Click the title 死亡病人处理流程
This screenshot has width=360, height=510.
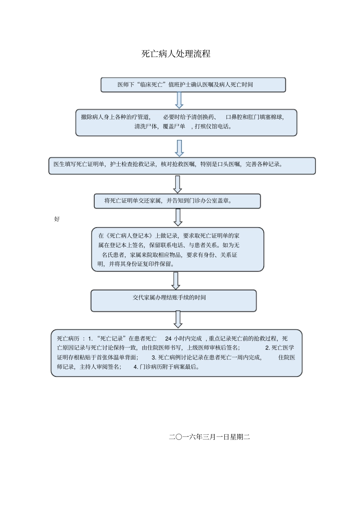pyautogui.click(x=176, y=54)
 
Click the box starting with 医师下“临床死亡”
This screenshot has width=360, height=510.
pyautogui.click(x=193, y=85)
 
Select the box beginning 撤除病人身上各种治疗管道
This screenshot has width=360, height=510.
pyautogui.click(x=186, y=122)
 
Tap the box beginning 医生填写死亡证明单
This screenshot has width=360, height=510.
pyautogui.click(x=182, y=166)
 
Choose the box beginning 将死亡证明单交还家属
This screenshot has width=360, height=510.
pyautogui.click(x=177, y=201)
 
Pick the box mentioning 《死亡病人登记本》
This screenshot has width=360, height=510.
pyautogui.click(x=177, y=250)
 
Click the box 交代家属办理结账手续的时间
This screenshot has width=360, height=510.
pyautogui.click(x=173, y=301)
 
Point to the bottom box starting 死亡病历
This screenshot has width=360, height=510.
pyautogui.click(x=176, y=353)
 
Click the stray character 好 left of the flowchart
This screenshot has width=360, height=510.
pyautogui.click(x=57, y=219)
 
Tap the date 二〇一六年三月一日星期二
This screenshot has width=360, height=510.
pyautogui.click(x=209, y=437)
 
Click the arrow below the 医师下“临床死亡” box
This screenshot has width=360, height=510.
pyautogui.click(x=179, y=100)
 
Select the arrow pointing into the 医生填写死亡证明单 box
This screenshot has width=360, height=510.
pyautogui.click(x=179, y=148)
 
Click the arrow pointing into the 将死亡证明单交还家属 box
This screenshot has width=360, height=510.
pyautogui.click(x=177, y=185)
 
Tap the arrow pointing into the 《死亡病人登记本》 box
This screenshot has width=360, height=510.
pyautogui.click(x=178, y=218)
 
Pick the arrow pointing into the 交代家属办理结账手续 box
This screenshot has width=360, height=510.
pyautogui.click(x=175, y=281)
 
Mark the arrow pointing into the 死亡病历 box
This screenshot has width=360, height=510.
pyautogui.click(x=178, y=320)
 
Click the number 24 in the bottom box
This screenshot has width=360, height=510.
pyautogui.click(x=168, y=339)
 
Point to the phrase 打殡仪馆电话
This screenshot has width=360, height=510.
pyautogui.click(x=213, y=127)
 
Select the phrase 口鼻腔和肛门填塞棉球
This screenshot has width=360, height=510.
pyautogui.click(x=254, y=117)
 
